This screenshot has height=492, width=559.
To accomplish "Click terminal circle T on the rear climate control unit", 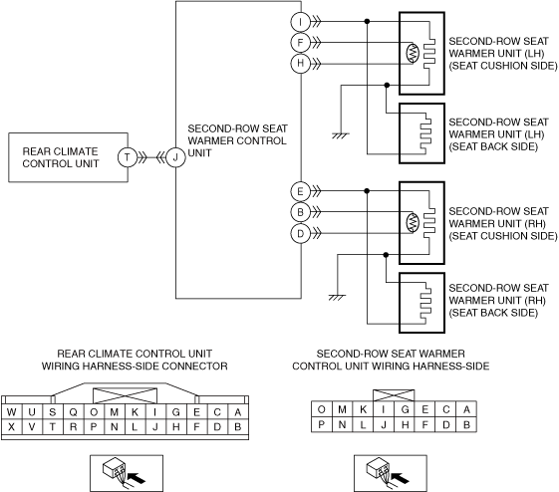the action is (x=128, y=157).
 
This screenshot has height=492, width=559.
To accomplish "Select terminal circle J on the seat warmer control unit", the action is (x=175, y=157).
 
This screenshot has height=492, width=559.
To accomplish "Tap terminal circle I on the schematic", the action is (x=301, y=22).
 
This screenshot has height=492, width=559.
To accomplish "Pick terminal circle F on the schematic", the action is (x=301, y=43).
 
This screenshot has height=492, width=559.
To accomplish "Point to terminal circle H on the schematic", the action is (x=301, y=64).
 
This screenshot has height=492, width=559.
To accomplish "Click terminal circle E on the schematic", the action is (x=301, y=191).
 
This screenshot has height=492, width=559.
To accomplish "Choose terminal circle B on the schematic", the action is (x=301, y=212).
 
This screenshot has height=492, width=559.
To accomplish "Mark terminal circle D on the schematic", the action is (x=301, y=234).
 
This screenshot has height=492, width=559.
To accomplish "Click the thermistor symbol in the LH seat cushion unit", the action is (x=413, y=54).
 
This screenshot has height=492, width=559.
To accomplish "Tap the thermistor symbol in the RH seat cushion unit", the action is (x=413, y=223).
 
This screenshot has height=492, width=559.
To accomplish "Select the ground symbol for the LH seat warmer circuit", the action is (x=341, y=135).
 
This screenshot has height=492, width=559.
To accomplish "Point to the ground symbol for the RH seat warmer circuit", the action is (x=337, y=298).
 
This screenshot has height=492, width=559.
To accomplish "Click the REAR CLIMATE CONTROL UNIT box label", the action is (x=60, y=157).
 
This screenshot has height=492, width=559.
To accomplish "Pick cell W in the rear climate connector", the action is (x=11, y=412).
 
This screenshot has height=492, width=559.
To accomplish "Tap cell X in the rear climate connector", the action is (x=11, y=427).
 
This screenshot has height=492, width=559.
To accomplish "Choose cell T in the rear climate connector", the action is (x=53, y=427).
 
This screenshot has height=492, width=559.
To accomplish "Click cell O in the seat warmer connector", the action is (x=321, y=409).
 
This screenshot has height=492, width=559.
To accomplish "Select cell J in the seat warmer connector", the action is (x=384, y=424).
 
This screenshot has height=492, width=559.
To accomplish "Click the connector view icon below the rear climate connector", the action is (x=127, y=473).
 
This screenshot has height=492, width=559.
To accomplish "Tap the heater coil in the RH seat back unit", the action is (x=424, y=304).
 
